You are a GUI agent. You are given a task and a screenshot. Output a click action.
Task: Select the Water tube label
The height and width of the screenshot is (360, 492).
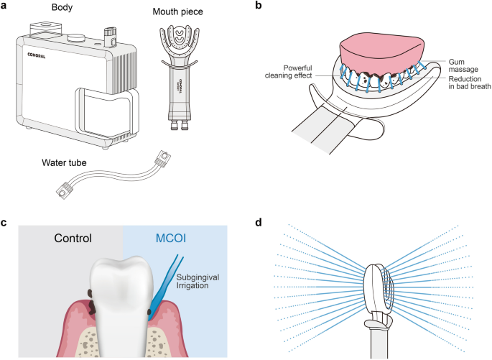[x=64, y=163]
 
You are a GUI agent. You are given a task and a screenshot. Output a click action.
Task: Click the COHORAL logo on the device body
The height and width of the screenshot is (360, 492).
[x=34, y=53]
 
